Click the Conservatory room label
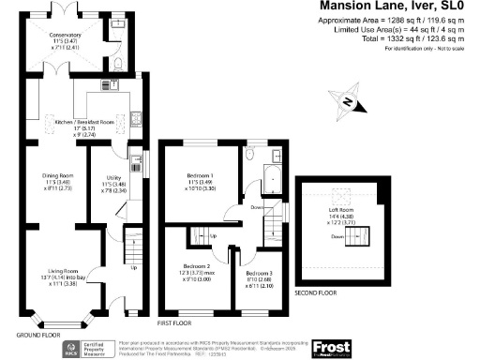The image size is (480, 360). tap(67, 37)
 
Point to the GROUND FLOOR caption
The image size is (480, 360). tap(38, 334)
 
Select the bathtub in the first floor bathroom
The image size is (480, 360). tap(276, 175)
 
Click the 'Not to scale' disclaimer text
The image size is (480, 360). tap(440, 48)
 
